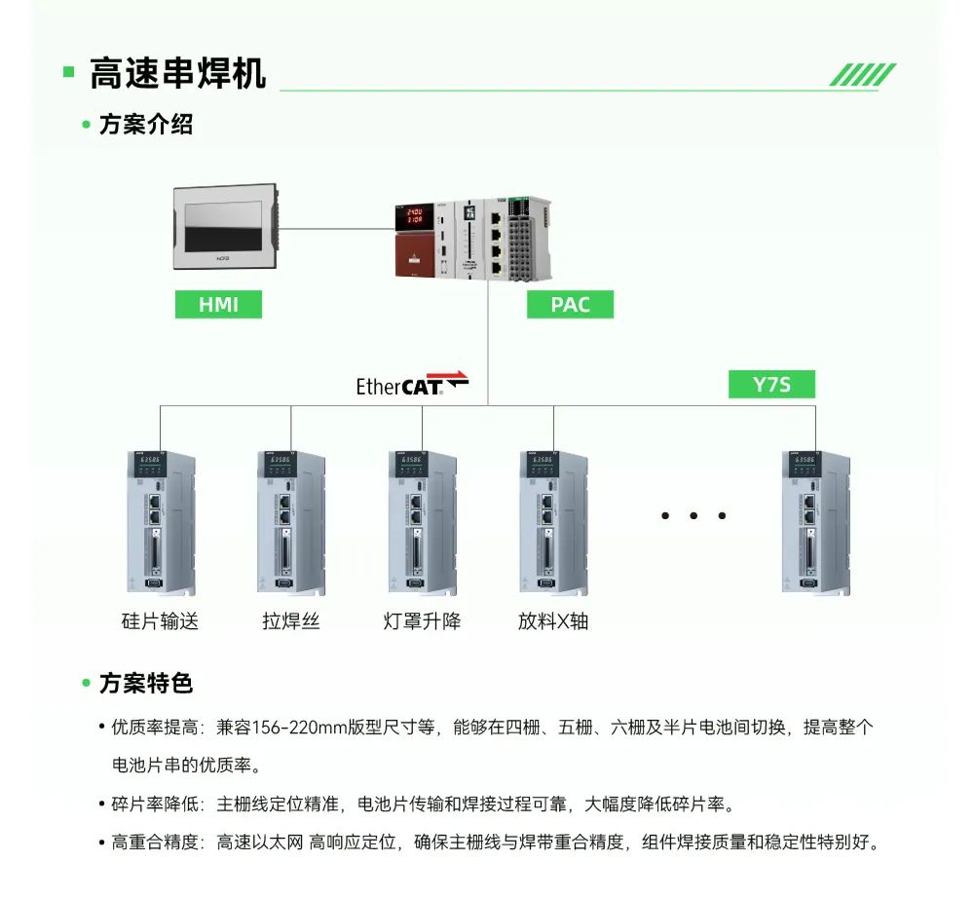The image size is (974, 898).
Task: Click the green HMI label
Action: click(219, 304)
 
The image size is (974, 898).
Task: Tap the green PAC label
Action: click(571, 304)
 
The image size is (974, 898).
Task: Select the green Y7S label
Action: click(771, 385)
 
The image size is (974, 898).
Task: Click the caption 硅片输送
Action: click(160, 620)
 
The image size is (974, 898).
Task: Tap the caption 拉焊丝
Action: click(290, 620)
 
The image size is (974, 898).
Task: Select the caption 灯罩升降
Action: click(422, 620)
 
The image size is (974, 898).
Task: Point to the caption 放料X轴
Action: click(553, 620)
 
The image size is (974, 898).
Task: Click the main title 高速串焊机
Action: click(177, 73)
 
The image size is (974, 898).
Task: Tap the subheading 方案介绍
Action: click(146, 125)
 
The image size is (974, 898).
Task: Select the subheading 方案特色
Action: click(146, 684)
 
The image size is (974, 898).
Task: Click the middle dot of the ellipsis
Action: click(693, 515)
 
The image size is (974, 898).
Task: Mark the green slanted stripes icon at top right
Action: click(862, 75)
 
